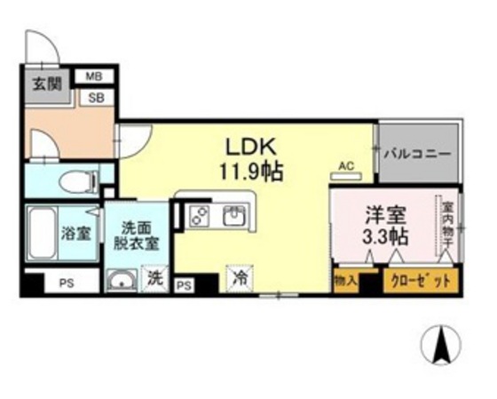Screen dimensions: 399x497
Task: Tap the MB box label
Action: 94,76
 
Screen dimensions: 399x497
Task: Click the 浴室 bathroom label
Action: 75,235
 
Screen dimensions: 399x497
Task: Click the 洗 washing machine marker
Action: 156,277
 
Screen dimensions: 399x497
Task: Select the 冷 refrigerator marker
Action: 240,277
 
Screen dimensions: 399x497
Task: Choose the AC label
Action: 347,164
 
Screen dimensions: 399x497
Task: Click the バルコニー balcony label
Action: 419,152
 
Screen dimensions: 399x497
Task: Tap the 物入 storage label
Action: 346,281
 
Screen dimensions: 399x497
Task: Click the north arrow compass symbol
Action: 438,346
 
